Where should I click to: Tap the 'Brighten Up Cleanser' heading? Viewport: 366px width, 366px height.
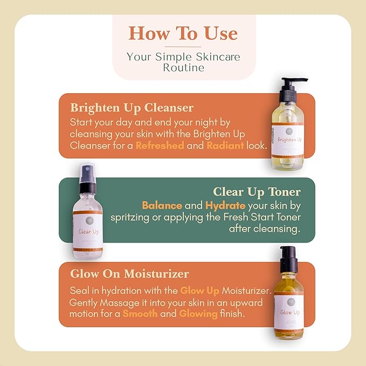[132, 107]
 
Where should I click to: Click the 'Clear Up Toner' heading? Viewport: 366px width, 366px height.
[257, 192]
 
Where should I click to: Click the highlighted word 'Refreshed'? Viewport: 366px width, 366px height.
[160, 146]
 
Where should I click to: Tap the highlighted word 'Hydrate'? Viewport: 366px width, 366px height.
[224, 205]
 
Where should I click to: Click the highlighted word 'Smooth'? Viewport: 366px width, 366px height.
[140, 314]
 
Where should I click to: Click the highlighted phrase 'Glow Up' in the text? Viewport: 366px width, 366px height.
[199, 291]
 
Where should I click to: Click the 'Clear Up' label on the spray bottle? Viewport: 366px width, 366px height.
[88, 232]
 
